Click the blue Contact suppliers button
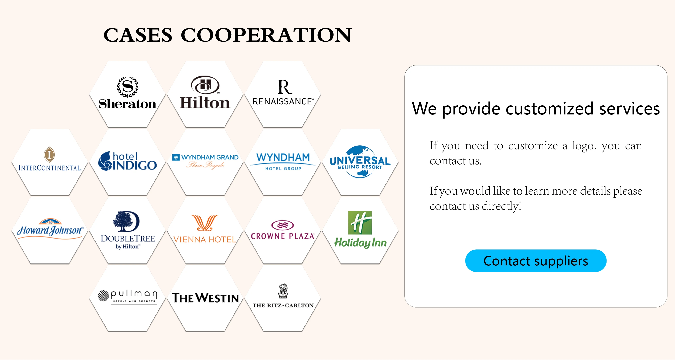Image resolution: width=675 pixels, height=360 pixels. pos(536,261)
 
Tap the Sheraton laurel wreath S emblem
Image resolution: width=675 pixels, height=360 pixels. pos(127,86)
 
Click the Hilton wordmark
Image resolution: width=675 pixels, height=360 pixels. pos(205,103)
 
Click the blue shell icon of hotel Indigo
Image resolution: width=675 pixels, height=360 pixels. pos(105,161)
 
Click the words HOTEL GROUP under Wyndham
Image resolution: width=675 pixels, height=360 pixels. pos(283,169)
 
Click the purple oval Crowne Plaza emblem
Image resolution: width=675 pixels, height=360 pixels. pos(283,225)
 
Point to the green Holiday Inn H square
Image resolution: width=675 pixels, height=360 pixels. pos(360,222)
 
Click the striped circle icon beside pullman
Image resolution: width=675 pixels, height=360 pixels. pos(103,296)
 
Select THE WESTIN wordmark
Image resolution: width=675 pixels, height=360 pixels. pos(205,298)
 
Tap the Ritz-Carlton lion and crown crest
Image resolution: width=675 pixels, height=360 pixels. pos(283,291)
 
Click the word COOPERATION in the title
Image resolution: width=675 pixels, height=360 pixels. pos(266,35)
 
